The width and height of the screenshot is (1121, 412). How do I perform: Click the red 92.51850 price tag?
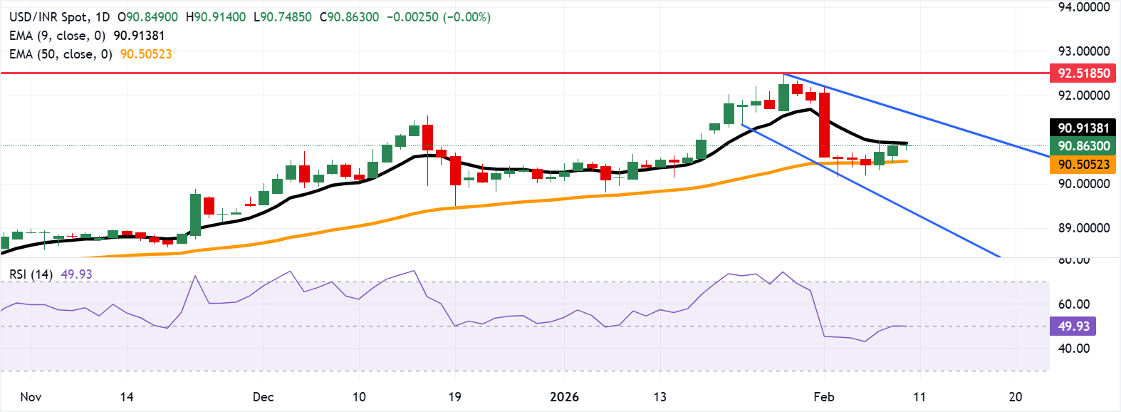click(x=1083, y=73)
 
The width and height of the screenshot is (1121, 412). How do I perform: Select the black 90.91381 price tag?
click(x=1083, y=128)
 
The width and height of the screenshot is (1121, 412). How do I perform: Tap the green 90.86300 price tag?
click(x=1083, y=146)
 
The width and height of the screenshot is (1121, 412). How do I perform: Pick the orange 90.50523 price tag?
click(x=1083, y=165)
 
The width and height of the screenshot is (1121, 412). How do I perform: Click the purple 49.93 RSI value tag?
click(x=1073, y=326)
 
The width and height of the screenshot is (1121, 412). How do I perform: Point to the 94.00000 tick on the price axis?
click(x=1084, y=7)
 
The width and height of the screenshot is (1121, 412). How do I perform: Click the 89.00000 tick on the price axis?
click(x=1084, y=228)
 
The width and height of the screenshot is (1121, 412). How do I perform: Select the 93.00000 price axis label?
click(x=1084, y=51)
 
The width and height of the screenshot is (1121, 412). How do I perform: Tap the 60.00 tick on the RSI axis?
click(x=1073, y=304)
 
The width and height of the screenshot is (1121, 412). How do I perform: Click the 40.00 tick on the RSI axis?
click(x=1073, y=349)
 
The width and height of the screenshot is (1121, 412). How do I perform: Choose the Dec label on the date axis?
click(x=263, y=397)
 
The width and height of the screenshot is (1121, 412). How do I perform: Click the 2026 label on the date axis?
click(x=564, y=397)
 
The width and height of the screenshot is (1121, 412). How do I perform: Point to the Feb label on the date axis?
click(x=824, y=397)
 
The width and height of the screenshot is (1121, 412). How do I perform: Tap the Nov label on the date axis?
click(x=31, y=397)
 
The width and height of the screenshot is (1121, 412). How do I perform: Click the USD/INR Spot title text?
click(x=49, y=17)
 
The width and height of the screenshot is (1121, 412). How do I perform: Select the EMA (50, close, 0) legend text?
click(x=61, y=54)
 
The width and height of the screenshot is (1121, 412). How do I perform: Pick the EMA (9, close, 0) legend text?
click(x=57, y=36)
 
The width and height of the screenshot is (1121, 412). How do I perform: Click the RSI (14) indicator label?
click(x=31, y=274)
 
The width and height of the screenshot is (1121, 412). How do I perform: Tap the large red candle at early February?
click(x=824, y=125)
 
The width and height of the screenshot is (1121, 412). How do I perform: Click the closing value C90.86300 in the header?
click(x=349, y=17)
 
